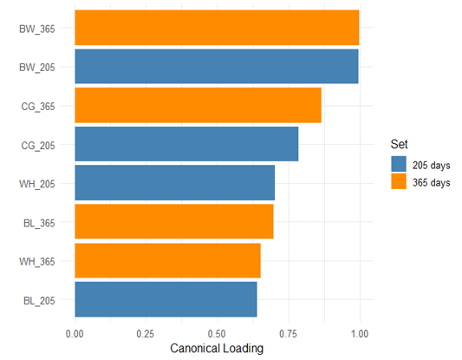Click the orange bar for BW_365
pyautogui.click(x=217, y=28)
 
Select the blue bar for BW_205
pyautogui.click(x=217, y=66)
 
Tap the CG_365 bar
pyautogui.click(x=198, y=105)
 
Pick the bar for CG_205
pyautogui.click(x=186, y=144)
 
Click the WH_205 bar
pyautogui.click(x=175, y=183)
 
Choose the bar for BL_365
pyautogui.click(x=174, y=221)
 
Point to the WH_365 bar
pyautogui.click(x=167, y=260)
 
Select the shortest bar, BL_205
pyautogui.click(x=166, y=299)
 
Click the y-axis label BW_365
pyautogui.click(x=37, y=29)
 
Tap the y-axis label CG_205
pyautogui.click(x=38, y=146)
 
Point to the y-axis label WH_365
pyautogui.click(x=37, y=261)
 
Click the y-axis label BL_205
pyautogui.click(x=39, y=301)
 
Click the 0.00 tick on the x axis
pyautogui.click(x=75, y=334)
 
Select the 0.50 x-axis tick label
pyautogui.click(x=217, y=334)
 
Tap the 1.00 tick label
pyautogui.click(x=360, y=334)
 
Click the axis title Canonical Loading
pyautogui.click(x=217, y=348)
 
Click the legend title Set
pyautogui.click(x=399, y=144)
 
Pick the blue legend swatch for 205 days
pyautogui.click(x=399, y=164)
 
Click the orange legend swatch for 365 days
pyautogui.click(x=399, y=181)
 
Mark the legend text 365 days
pyautogui.click(x=432, y=182)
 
